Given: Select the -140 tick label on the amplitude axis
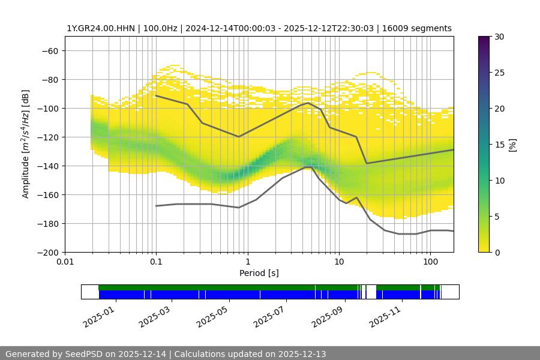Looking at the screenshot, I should (x=47, y=166).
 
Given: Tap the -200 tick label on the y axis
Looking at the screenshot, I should (x=47, y=253).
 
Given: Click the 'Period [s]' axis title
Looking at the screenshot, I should (x=259, y=273).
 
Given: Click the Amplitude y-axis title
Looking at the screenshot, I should (x=26, y=145).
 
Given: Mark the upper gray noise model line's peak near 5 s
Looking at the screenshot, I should (x=308, y=103).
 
